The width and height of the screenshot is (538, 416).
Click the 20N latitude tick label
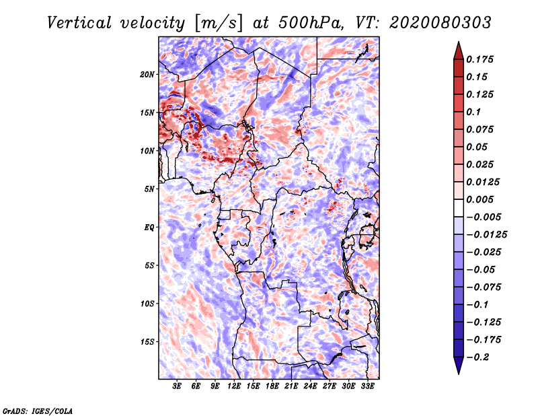click(x=147, y=74)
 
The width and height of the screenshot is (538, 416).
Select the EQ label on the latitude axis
click(x=149, y=228)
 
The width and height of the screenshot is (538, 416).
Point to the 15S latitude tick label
click(x=147, y=342)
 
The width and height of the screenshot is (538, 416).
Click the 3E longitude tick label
click(x=178, y=387)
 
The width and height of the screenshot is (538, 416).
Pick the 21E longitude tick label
click(x=291, y=387)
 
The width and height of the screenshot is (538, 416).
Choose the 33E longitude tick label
click(x=367, y=387)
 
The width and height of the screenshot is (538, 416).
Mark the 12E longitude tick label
click(x=234, y=387)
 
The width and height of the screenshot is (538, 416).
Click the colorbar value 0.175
click(x=483, y=59)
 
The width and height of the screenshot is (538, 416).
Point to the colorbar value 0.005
click(x=483, y=199)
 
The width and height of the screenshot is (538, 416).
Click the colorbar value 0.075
click(x=483, y=129)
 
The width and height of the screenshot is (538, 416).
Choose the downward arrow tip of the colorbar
click(x=458, y=372)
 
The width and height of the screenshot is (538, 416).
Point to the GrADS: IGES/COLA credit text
click(x=37, y=410)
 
